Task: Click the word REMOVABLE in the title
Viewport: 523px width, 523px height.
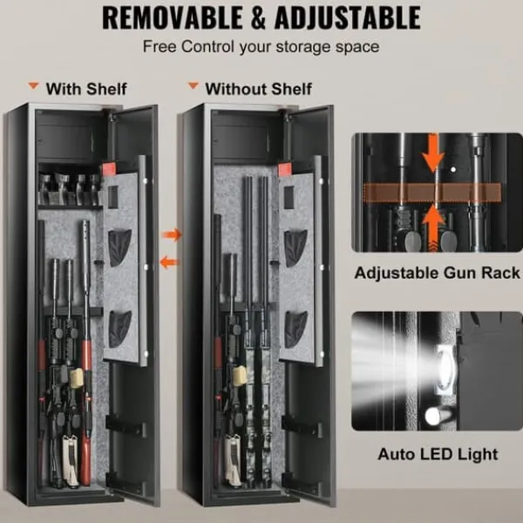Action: point(173,18)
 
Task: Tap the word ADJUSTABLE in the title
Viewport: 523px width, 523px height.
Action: point(347,18)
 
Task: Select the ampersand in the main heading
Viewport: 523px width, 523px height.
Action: point(258,18)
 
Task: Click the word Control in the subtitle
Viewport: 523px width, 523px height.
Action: point(207,47)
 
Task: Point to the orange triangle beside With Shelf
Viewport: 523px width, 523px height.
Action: point(33,85)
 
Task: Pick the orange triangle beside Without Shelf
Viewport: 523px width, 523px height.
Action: point(194,85)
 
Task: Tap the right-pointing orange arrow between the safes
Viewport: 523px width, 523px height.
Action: point(172,234)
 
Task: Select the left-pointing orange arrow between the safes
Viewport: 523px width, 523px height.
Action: point(169,262)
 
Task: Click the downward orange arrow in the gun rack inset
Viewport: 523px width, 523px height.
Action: point(433,153)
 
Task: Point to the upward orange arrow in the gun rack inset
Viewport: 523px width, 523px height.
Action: point(433,228)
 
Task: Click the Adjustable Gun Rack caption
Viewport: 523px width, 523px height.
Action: point(438,273)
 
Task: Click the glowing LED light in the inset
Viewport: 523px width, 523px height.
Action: point(445,367)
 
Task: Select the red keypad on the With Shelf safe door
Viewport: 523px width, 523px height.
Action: point(108,169)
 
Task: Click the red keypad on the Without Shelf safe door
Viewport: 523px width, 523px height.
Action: point(284,170)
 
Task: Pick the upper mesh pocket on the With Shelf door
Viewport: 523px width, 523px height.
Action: point(119,248)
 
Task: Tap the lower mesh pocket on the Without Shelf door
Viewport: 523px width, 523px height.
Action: point(296,329)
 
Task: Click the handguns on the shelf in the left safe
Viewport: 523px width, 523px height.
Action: point(70,189)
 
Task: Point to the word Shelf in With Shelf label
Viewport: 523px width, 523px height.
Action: point(106,89)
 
